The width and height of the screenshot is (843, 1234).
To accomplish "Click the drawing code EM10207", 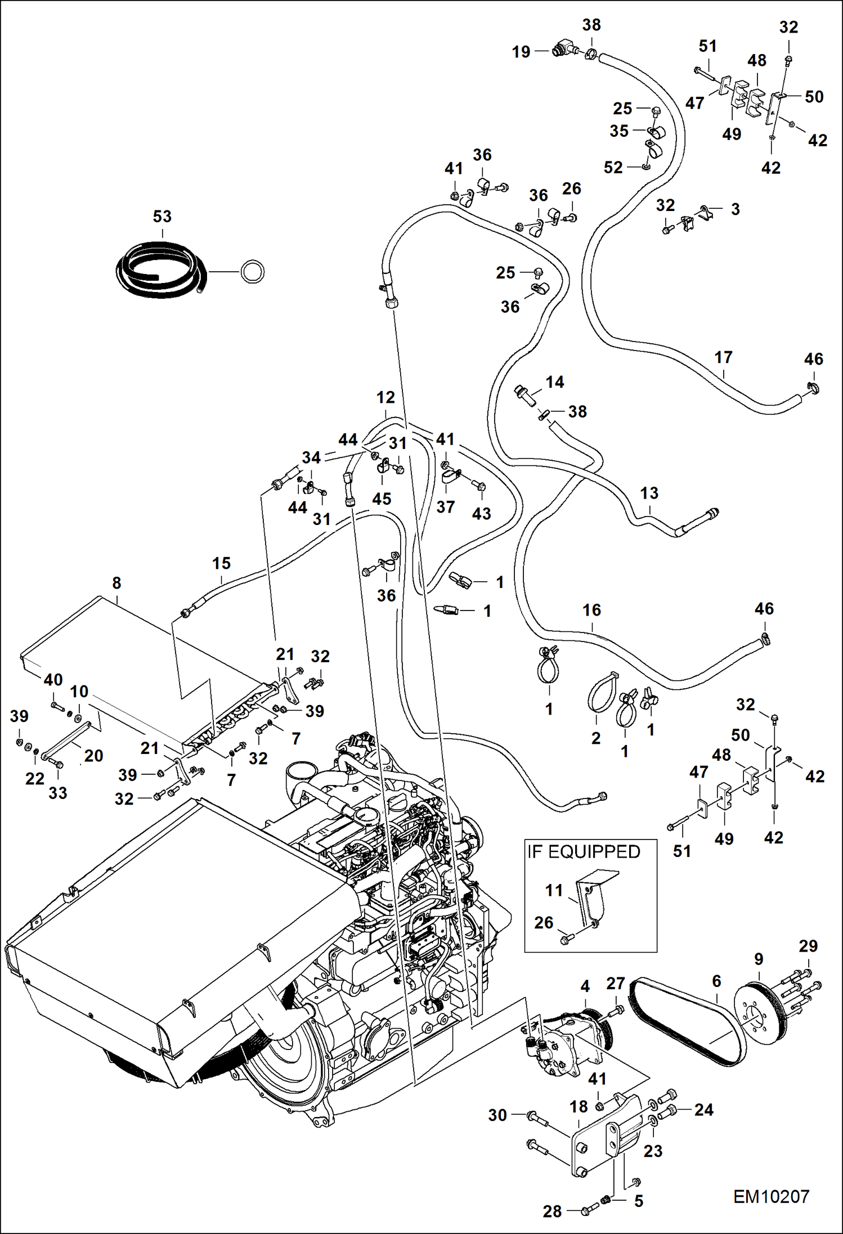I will [x=770, y=1196].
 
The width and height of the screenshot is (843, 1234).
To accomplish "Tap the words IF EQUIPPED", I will [x=584, y=851].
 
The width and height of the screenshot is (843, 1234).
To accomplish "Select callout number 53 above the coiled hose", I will [x=162, y=217].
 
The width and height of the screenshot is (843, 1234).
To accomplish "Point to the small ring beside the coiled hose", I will [x=252, y=272].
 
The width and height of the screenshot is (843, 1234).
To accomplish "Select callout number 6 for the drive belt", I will [x=716, y=981].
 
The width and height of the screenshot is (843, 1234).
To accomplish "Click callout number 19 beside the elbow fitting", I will [x=521, y=52].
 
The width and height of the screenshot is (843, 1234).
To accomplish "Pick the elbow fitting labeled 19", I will [x=563, y=50].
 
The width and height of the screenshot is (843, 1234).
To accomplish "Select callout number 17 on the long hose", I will [x=723, y=357].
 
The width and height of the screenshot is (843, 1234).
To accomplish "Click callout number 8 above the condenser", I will [x=116, y=583].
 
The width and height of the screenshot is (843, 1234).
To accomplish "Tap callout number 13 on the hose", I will [x=649, y=493].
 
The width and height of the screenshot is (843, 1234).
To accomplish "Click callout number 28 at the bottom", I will [x=552, y=1211].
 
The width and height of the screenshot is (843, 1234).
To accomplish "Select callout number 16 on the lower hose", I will [x=591, y=610].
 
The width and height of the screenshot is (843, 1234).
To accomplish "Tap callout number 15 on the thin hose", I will [x=221, y=563].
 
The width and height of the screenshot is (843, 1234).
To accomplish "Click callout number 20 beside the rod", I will [x=93, y=756].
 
